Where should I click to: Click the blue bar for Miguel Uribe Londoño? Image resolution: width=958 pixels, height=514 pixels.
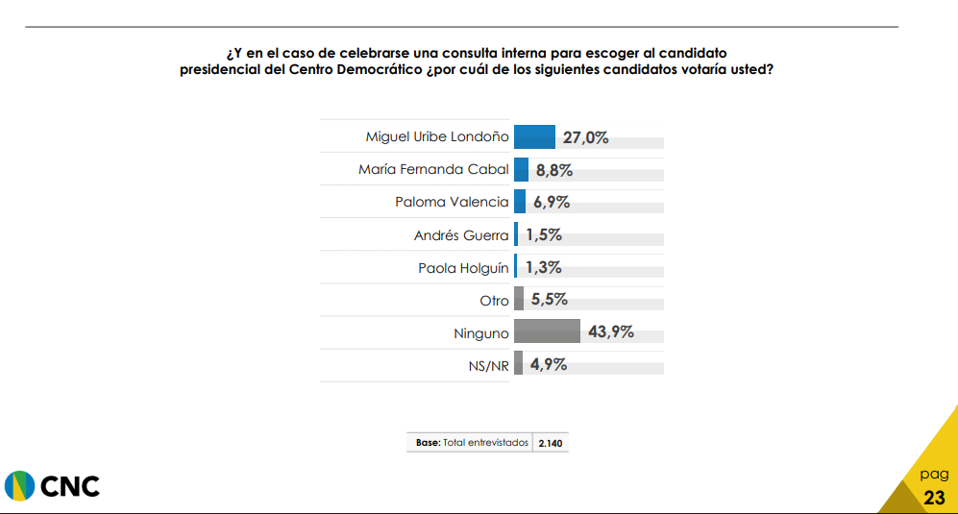pos(534,136)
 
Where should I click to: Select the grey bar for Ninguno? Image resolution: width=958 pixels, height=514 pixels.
pos(547,331)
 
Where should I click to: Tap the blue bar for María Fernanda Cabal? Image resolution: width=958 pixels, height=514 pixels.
pos(521,169)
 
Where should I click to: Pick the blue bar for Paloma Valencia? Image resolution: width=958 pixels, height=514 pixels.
pos(520,202)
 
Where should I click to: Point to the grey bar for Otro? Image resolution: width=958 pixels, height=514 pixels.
pos(519,299)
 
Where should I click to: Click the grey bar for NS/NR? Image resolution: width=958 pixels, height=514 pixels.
pos(518,364)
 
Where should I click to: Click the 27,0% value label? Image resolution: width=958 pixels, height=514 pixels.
pos(585,137)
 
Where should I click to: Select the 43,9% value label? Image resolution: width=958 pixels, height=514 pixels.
pos(610,331)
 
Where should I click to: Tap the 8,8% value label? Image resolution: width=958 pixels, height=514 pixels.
pos(554,170)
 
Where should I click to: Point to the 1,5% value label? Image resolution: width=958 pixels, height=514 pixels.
pos(543,234)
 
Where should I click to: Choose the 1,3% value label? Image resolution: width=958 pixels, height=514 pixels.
pos(543,267)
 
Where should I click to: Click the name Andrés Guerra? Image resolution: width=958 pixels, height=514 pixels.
pos(461,235)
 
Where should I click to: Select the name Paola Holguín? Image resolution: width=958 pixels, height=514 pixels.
pos(463,268)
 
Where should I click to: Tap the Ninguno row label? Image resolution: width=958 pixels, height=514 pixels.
pos(481,333)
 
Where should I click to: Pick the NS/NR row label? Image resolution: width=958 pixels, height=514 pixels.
pos(487,366)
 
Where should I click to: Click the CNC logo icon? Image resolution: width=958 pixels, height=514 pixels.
pos(18,486)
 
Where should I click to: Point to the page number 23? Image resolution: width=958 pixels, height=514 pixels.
pos(934,498)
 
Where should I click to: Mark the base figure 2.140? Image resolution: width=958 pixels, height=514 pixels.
pos(551,444)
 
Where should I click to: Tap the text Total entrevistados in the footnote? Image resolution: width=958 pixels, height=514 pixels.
pos(486,443)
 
